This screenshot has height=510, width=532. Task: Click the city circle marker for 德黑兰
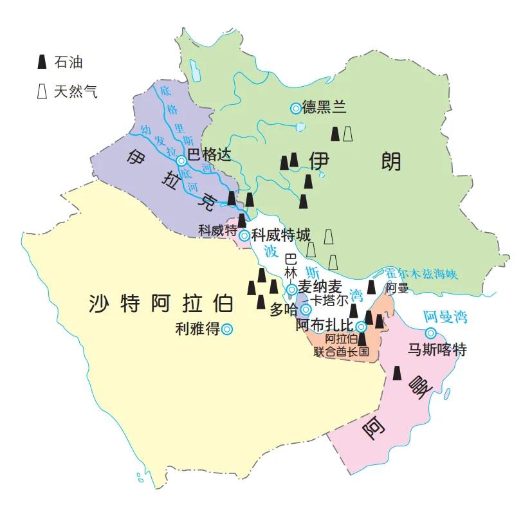[295, 109]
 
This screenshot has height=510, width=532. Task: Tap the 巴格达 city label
[208, 155]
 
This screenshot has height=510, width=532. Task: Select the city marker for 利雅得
[226, 329]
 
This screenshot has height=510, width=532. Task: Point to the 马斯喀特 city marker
[430, 332]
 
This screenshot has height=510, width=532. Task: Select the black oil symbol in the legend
[42, 62]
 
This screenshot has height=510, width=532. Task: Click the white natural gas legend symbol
[42, 91]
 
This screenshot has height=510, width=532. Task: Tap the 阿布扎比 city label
[325, 326]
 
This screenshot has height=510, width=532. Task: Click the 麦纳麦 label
[320, 289]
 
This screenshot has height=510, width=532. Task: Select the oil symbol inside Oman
[398, 373]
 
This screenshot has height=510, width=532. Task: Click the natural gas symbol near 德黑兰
[348, 134]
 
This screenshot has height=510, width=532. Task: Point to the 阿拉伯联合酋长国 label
[341, 345]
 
